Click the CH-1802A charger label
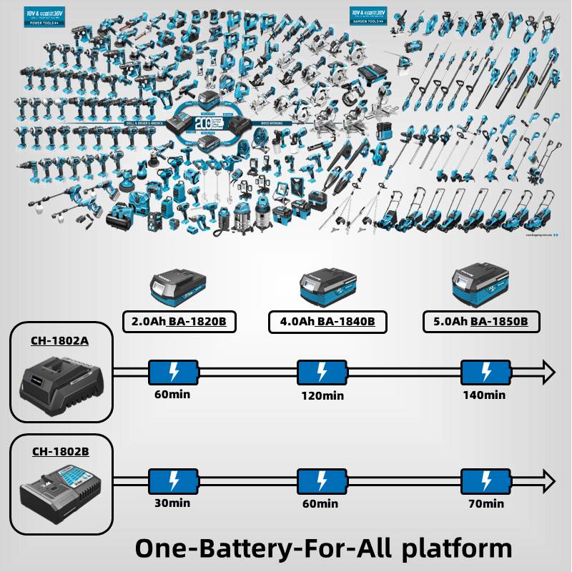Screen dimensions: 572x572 pyautogui.click(x=60, y=340)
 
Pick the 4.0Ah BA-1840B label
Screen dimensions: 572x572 pyautogui.click(x=327, y=322)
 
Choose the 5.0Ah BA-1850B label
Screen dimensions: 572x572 pyautogui.click(x=480, y=322)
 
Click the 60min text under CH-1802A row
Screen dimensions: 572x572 pyautogui.click(x=172, y=393)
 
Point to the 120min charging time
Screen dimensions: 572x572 pyautogui.click(x=322, y=395)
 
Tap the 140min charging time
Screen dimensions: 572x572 pyautogui.click(x=484, y=395)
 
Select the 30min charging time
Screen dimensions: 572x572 pyautogui.click(x=172, y=503)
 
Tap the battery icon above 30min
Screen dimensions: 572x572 pyautogui.click(x=173, y=480)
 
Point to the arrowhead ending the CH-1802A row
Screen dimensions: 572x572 pyautogui.click(x=548, y=372)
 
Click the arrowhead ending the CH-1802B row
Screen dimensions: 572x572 pyautogui.click(x=548, y=480)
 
